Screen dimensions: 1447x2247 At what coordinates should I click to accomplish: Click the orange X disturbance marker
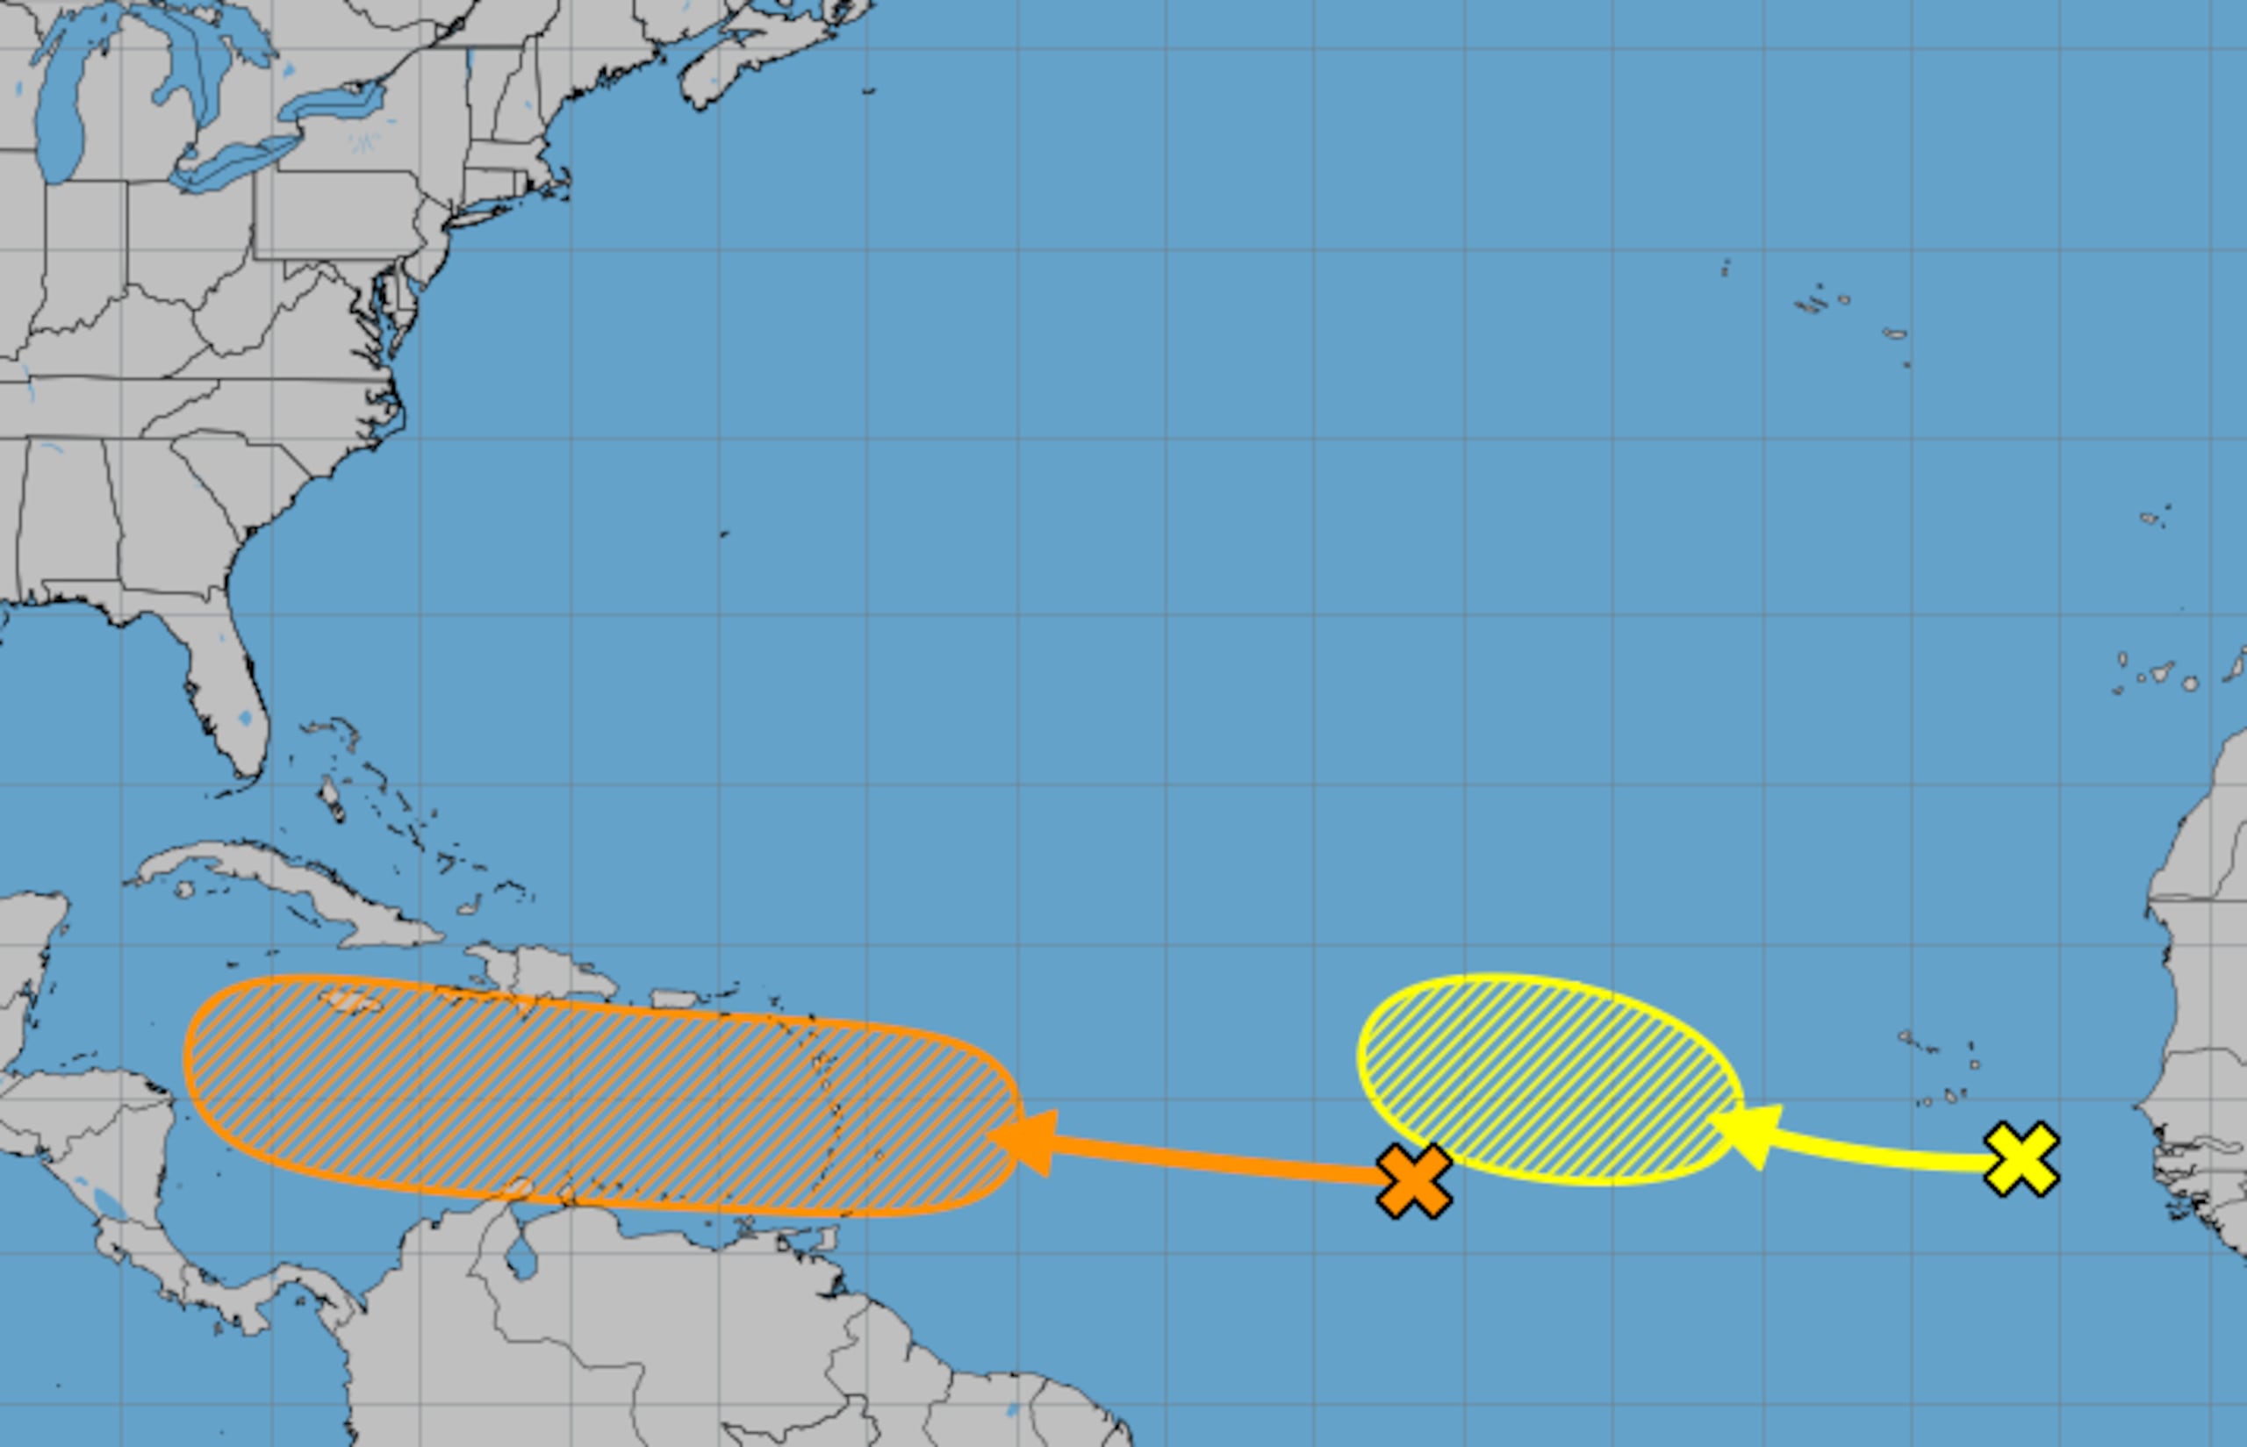coord(1413,1180)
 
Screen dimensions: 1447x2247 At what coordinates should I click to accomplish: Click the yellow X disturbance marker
coord(2021,1158)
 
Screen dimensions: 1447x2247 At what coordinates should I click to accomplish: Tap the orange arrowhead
coord(1028,1141)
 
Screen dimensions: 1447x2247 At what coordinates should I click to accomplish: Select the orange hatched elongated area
coord(601,1094)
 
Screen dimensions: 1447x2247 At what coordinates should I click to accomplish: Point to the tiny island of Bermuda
coord(723,534)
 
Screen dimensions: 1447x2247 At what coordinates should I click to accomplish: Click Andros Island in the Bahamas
coord(332,799)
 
